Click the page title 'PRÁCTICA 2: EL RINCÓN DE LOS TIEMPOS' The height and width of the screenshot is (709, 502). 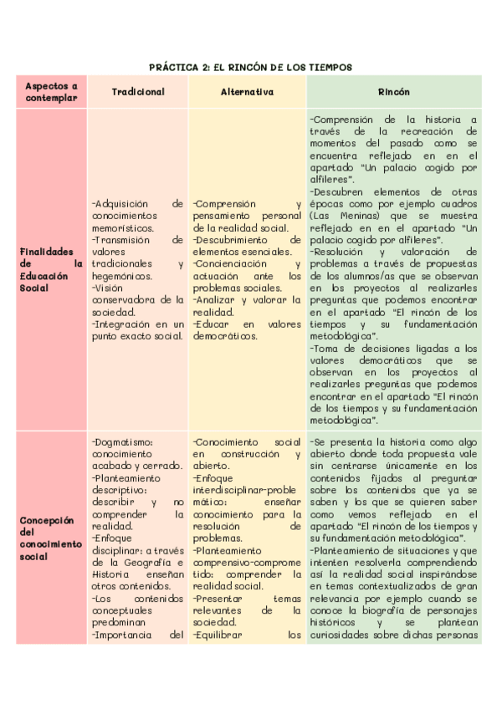pyautogui.click(x=251, y=67)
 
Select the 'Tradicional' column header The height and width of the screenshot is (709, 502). pyautogui.click(x=138, y=92)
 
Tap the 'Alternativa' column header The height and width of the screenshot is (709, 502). pyautogui.click(x=247, y=92)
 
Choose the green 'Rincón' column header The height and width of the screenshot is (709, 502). pyautogui.click(x=393, y=92)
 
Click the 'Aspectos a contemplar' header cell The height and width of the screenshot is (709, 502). pyautogui.click(x=51, y=92)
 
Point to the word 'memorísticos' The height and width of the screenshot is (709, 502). pyautogui.click(x=123, y=227)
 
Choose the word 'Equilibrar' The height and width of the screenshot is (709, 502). pyautogui.click(x=218, y=634)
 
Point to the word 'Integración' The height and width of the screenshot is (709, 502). pyautogui.click(x=122, y=324)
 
